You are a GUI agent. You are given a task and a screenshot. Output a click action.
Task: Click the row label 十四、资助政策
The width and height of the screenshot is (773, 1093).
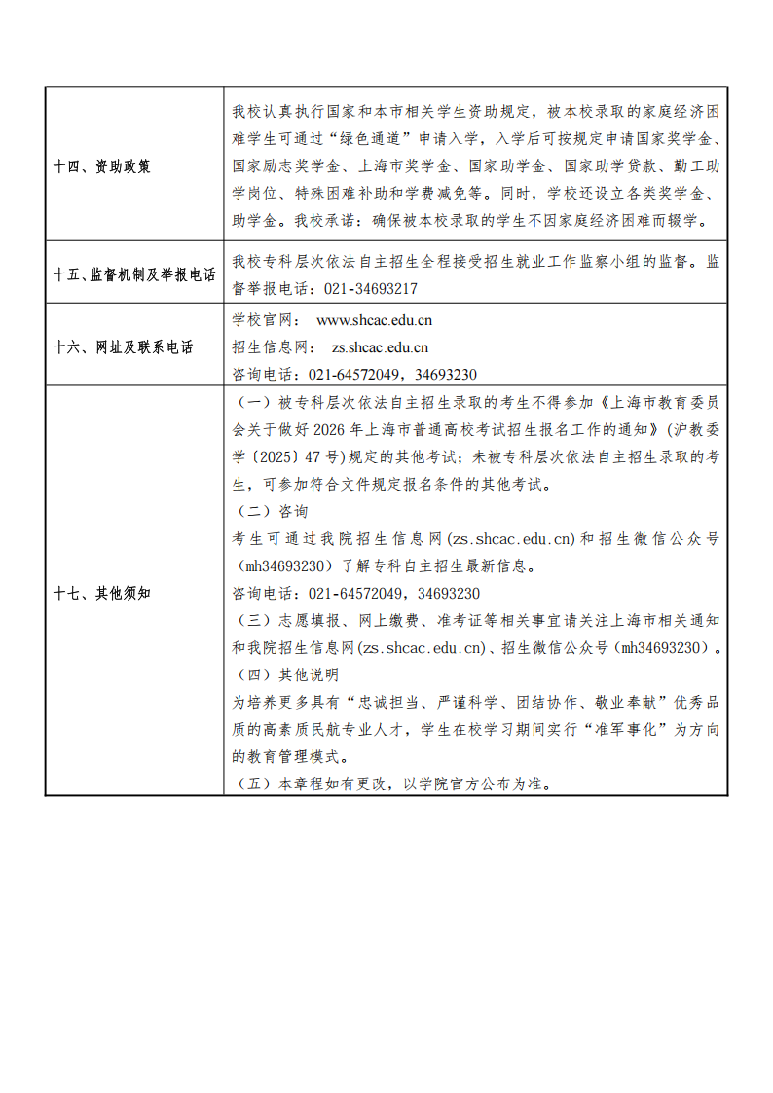click(x=101, y=166)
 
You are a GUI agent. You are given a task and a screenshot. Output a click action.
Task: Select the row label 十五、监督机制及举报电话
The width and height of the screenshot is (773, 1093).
click(x=134, y=275)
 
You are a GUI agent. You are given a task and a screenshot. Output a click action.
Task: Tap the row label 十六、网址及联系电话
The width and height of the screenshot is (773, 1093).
click(x=123, y=347)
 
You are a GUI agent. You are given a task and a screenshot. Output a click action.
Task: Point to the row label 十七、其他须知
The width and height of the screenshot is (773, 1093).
click(x=101, y=593)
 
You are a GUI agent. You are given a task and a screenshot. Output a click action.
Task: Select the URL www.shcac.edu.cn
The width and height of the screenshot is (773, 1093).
click(x=375, y=319)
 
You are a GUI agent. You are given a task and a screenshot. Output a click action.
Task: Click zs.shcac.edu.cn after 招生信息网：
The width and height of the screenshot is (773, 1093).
click(x=380, y=346)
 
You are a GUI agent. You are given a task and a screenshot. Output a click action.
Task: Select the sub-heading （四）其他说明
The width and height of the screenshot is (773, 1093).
click(x=286, y=674)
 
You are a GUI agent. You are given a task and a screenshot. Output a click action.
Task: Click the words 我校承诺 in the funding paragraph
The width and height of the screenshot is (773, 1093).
click(x=336, y=220)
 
